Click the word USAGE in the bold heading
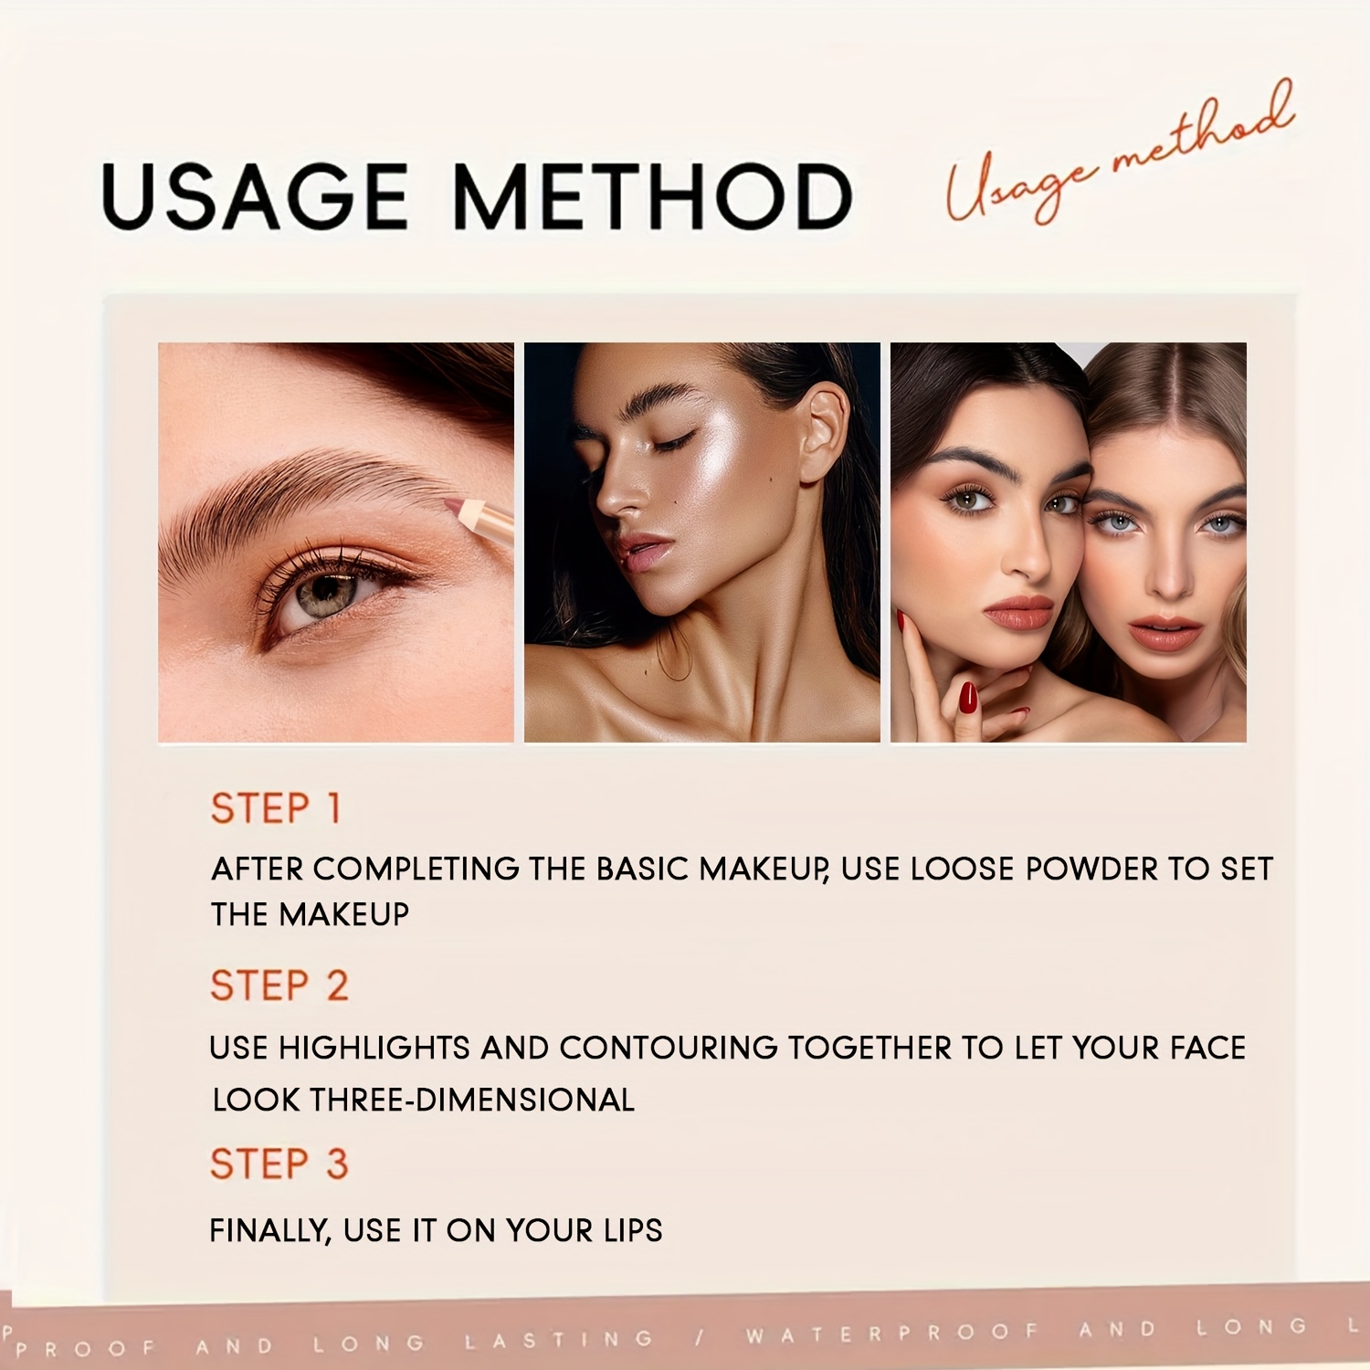tap(254, 196)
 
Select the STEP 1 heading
tap(276, 808)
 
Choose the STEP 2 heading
tap(279, 986)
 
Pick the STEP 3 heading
tap(279, 1164)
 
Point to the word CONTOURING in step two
tap(669, 1048)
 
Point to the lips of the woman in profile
tap(641, 552)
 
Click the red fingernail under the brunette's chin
tap(968, 698)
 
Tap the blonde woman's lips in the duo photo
tap(1164, 632)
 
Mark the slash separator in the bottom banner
tap(699, 1337)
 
